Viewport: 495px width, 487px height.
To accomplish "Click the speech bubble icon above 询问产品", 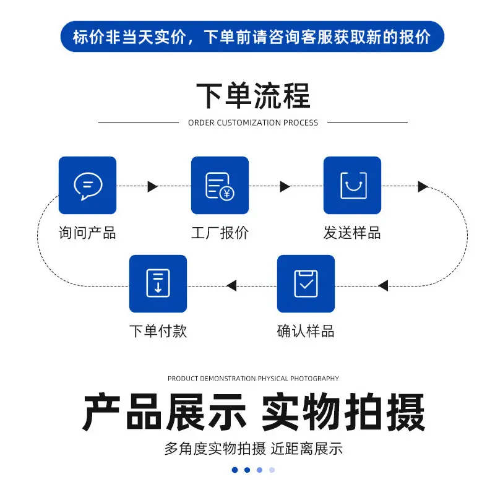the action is coord(88,186).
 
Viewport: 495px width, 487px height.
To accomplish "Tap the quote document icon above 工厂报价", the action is coord(220,186).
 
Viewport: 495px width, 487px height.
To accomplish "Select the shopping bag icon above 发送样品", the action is coord(353,186).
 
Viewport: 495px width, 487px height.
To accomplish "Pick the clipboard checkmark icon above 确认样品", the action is coord(306,283).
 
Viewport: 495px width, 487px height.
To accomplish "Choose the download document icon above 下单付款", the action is coord(158,283).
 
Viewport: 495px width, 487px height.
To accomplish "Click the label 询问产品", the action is coord(87,233).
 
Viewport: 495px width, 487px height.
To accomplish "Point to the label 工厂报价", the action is coord(220,233).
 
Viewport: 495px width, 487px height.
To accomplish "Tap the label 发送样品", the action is coord(352,233).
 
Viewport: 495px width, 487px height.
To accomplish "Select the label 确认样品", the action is coord(306,331).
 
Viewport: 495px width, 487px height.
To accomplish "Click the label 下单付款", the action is coord(158,331).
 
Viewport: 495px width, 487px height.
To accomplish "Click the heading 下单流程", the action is coord(253,96).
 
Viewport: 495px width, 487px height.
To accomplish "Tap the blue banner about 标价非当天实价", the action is coord(252,37).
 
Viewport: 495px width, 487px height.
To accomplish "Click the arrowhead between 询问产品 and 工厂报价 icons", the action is coord(152,186).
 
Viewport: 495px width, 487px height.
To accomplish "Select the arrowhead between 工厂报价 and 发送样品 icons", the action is coord(285,186).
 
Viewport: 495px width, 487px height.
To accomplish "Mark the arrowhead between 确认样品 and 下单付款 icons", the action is coord(231,286).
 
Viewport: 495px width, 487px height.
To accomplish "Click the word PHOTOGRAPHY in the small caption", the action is coord(314,379).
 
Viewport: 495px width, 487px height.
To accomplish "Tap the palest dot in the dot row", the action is coord(272,470).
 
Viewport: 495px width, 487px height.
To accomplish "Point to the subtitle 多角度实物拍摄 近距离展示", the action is coord(253,449).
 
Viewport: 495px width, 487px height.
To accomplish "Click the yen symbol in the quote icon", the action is coord(226,193).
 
